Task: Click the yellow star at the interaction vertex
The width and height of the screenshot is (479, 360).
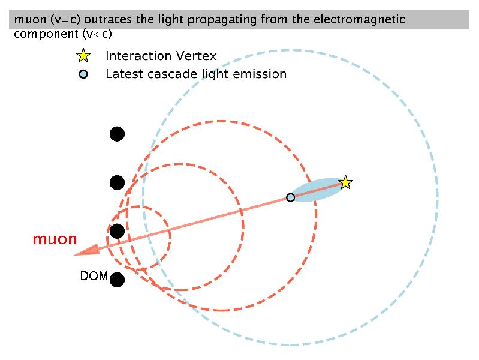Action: tap(345, 182)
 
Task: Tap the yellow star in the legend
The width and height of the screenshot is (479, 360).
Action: tap(83, 56)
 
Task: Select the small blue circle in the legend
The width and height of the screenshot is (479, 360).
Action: tap(83, 74)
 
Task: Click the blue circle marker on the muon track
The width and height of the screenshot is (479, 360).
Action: tap(291, 197)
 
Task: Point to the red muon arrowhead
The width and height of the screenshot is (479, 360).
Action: tap(88, 250)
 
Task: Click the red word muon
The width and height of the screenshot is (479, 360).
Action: tap(55, 239)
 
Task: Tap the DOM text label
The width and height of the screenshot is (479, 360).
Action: tap(94, 276)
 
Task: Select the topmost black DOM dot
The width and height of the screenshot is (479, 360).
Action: tap(117, 134)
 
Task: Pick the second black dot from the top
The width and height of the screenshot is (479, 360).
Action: tap(117, 182)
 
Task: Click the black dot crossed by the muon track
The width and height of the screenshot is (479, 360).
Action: tap(117, 231)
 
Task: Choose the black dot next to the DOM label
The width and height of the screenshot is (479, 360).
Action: tap(117, 280)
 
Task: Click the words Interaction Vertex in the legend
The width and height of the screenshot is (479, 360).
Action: tap(161, 56)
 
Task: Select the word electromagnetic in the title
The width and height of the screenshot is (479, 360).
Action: tap(359, 20)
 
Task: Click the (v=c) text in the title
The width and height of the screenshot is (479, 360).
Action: tap(65, 20)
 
